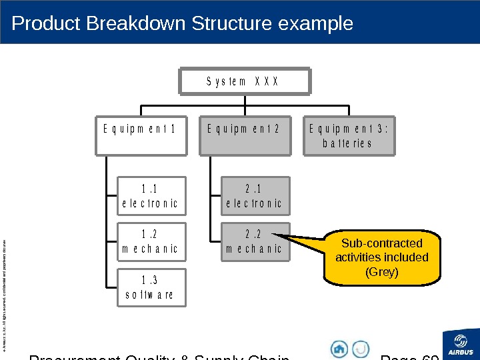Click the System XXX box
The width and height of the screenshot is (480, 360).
245,81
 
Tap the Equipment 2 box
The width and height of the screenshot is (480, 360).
245,137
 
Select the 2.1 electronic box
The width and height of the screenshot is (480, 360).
255,195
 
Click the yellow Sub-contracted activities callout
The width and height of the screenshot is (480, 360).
381,257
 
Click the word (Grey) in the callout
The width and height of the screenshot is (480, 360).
382,272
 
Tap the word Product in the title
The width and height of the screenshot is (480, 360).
43,24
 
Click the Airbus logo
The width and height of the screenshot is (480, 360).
461,343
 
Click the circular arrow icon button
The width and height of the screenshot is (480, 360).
361,349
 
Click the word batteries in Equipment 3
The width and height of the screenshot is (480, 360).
347,143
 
